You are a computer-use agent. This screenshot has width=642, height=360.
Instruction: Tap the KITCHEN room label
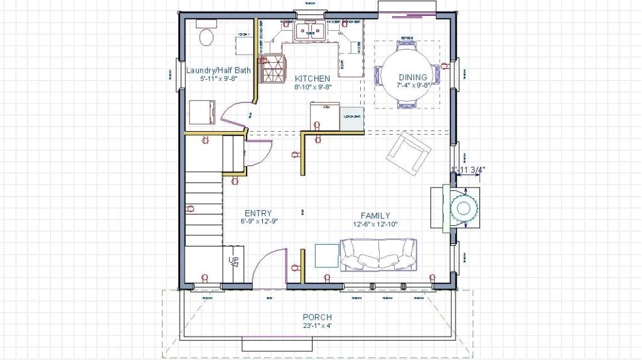313,78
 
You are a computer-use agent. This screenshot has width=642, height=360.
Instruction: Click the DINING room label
412,77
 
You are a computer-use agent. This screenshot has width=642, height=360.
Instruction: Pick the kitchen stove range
272,69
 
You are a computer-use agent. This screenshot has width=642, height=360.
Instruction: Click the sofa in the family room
378,255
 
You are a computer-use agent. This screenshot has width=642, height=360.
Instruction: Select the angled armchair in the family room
409,153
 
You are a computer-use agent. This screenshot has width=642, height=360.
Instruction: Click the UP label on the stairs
232,260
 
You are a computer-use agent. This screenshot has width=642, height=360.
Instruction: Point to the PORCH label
317,317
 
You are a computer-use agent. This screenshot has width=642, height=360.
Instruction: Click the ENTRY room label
258,213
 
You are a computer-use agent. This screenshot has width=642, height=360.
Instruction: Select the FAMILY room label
375,216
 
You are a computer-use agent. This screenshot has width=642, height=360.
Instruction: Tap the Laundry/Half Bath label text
218,70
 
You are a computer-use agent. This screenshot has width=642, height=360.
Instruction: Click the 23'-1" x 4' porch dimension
317,326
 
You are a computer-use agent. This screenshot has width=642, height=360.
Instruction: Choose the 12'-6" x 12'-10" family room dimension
375,224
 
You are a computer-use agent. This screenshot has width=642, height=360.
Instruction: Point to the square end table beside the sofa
326,255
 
